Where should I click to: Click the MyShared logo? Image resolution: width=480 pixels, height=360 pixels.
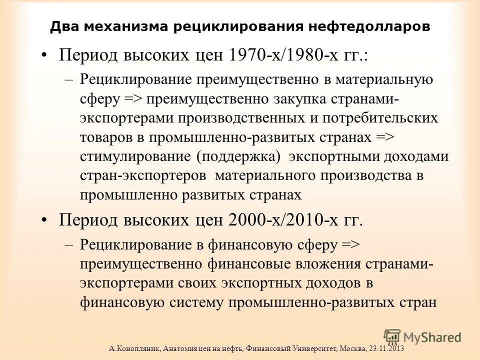tap(422, 336)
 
